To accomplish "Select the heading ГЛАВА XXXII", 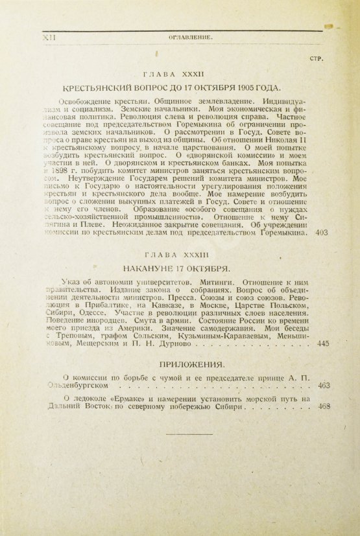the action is click(x=180, y=75).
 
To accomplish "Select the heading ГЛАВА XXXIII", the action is click(x=180, y=255).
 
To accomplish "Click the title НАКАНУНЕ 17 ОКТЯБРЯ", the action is click(x=180, y=268).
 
